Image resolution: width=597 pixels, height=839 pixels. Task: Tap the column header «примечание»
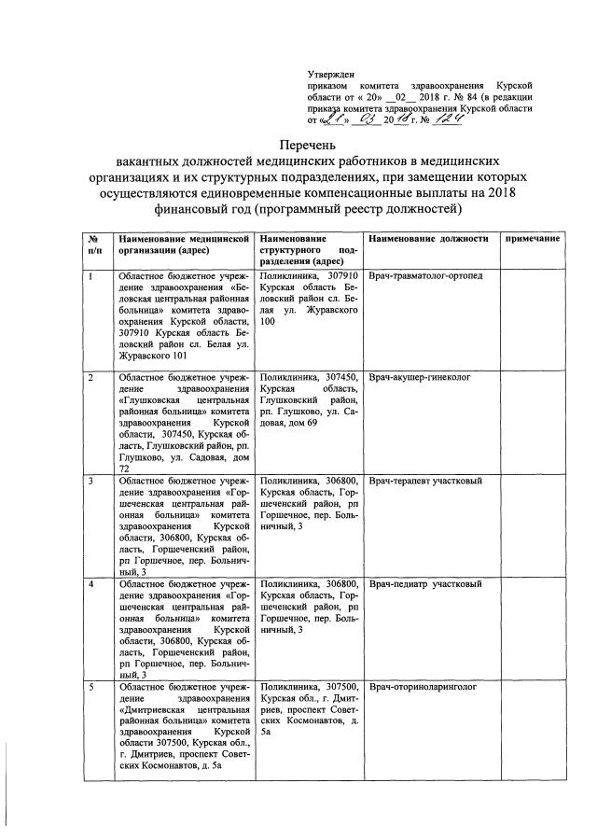pyautogui.click(x=532, y=239)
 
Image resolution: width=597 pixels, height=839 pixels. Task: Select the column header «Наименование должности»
pyautogui.click(x=428, y=239)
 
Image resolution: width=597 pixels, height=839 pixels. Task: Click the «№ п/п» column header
pyautogui.click(x=93, y=245)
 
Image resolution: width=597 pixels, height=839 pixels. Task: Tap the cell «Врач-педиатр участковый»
pyautogui.click(x=423, y=584)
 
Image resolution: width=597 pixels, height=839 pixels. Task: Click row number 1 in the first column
pyautogui.click(x=90, y=277)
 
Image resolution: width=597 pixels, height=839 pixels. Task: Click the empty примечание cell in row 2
pyautogui.click(x=532, y=421)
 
